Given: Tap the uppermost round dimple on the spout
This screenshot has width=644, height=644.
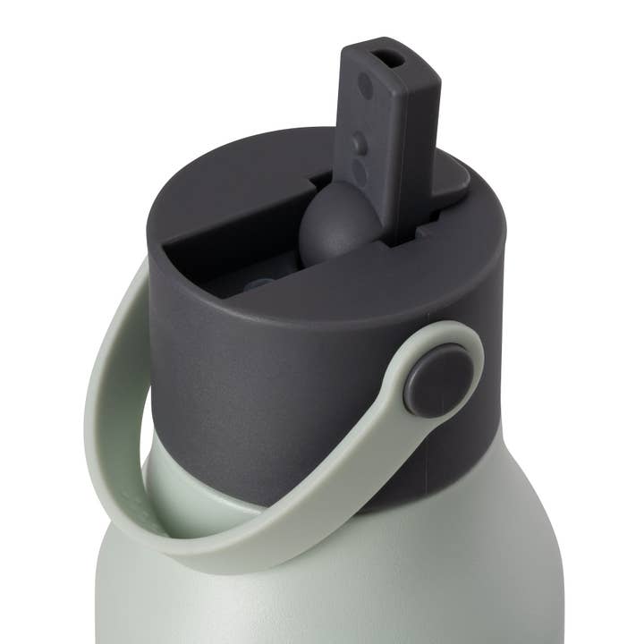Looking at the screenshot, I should pos(365,86).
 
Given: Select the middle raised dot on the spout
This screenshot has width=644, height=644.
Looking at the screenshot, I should pos(360,141).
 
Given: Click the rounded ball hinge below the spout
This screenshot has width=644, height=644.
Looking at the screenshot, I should pos(335,228).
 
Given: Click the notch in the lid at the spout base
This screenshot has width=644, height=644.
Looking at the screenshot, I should pos(394,240).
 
